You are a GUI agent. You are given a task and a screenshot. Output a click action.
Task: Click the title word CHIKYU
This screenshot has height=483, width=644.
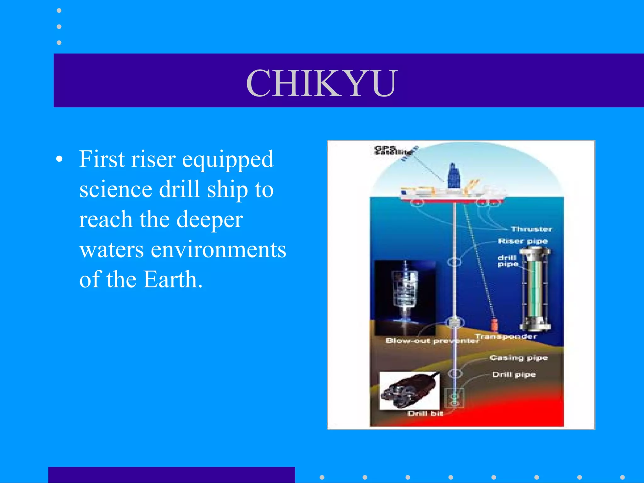[322, 83]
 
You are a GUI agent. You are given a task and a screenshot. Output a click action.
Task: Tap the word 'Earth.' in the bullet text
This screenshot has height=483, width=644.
[172, 280]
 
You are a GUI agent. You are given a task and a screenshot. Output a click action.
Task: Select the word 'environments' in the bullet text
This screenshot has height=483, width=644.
[219, 250]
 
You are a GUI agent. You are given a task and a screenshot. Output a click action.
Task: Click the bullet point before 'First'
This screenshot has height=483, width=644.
[59, 160]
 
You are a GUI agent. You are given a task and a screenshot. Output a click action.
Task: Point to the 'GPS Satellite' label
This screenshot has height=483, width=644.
[391, 151]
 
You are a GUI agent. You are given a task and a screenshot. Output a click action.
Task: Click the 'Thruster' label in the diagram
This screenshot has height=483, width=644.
[531, 229]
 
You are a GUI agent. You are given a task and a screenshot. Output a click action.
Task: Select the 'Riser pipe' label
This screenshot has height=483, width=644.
[523, 241]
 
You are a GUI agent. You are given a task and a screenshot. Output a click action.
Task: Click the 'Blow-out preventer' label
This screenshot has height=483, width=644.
[432, 341]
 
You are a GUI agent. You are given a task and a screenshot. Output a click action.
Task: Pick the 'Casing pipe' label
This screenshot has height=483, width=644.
[519, 358]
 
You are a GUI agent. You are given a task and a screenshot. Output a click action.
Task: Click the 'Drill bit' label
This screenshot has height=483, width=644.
[425, 414]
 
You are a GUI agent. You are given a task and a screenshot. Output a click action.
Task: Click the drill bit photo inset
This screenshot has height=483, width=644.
[409, 391]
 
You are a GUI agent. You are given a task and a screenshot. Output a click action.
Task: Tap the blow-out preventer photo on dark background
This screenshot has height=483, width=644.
[405, 297]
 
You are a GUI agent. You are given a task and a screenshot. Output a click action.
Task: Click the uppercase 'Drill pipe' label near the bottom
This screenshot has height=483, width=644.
[514, 375]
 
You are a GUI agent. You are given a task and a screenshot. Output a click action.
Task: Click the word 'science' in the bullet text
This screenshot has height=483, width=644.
[116, 190]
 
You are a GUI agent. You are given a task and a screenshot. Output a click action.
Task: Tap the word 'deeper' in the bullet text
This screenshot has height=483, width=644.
[209, 220]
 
